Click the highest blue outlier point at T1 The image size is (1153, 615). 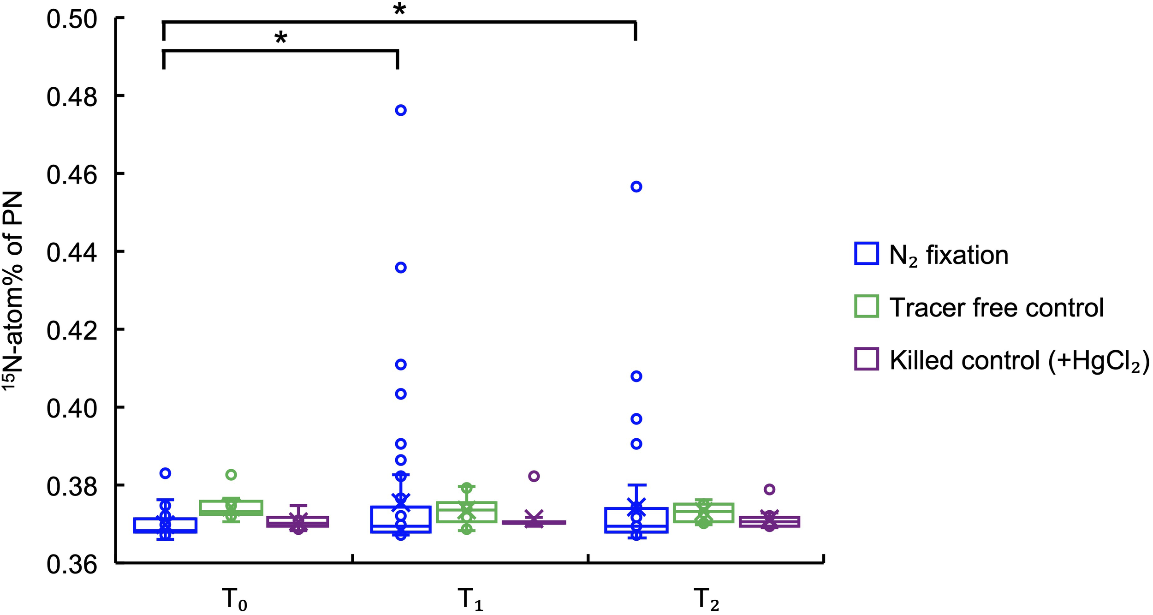401,110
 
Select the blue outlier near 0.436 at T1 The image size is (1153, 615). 401,268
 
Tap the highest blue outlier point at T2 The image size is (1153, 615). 636,187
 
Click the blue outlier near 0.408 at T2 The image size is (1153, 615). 636,376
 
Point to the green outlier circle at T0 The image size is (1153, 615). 231,475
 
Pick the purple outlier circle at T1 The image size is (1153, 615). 534,476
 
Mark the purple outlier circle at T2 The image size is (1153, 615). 769,490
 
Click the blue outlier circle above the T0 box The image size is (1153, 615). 165,473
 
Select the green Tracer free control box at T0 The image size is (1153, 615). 231,508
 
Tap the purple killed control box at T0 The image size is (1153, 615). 298,521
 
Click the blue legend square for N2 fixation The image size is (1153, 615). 866,254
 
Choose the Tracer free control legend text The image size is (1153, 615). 996,307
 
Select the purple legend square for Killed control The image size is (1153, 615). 866,359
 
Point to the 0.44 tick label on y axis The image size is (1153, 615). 72,253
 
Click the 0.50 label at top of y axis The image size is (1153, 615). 72,19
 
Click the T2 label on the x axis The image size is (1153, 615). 706,599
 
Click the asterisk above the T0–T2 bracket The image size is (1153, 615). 399,9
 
